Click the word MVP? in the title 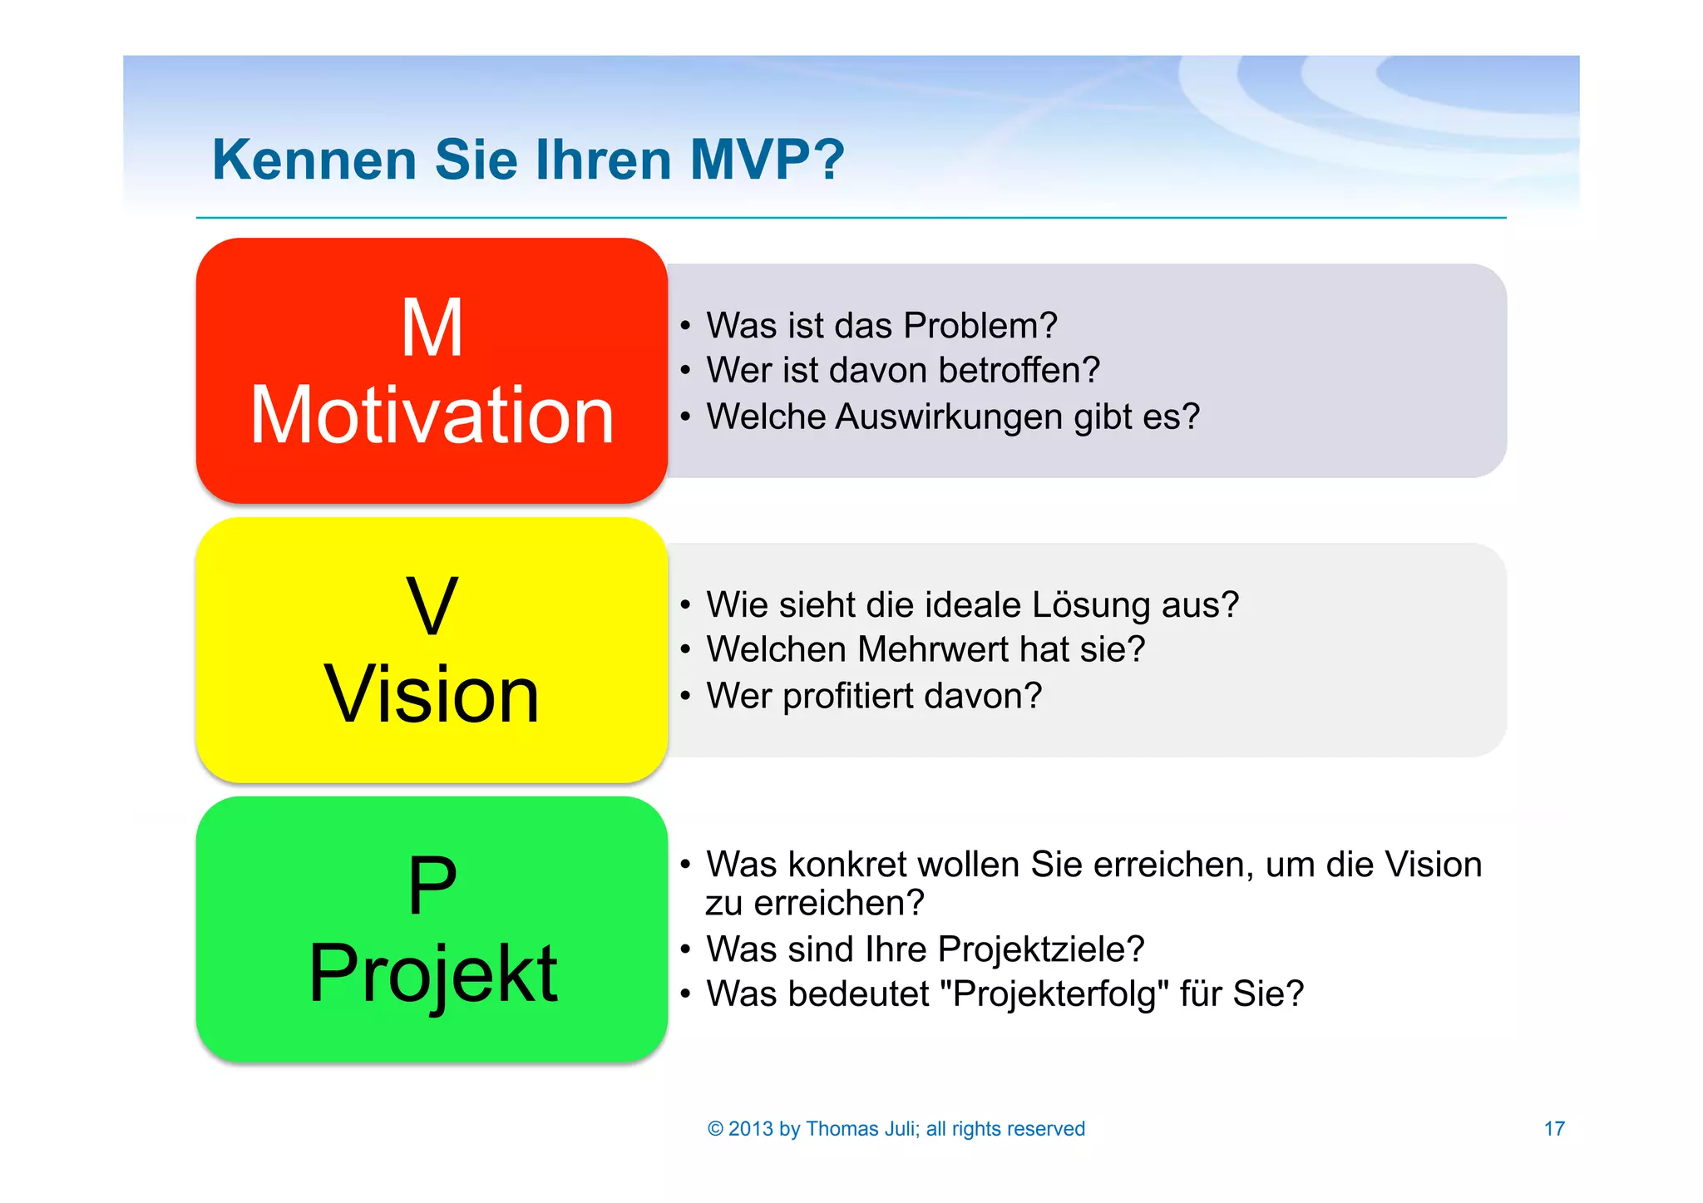[767, 159]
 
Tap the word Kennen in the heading [314, 159]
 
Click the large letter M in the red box [432, 328]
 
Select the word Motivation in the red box [432, 415]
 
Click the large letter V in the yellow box [432, 607]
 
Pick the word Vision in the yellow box [432, 694]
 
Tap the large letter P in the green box [432, 886]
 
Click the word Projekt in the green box [432, 974]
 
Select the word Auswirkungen [948, 417]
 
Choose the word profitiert [847, 696]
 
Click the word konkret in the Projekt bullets [847, 865]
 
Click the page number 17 [1553, 1128]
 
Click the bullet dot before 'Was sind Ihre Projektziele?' [685, 949]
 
